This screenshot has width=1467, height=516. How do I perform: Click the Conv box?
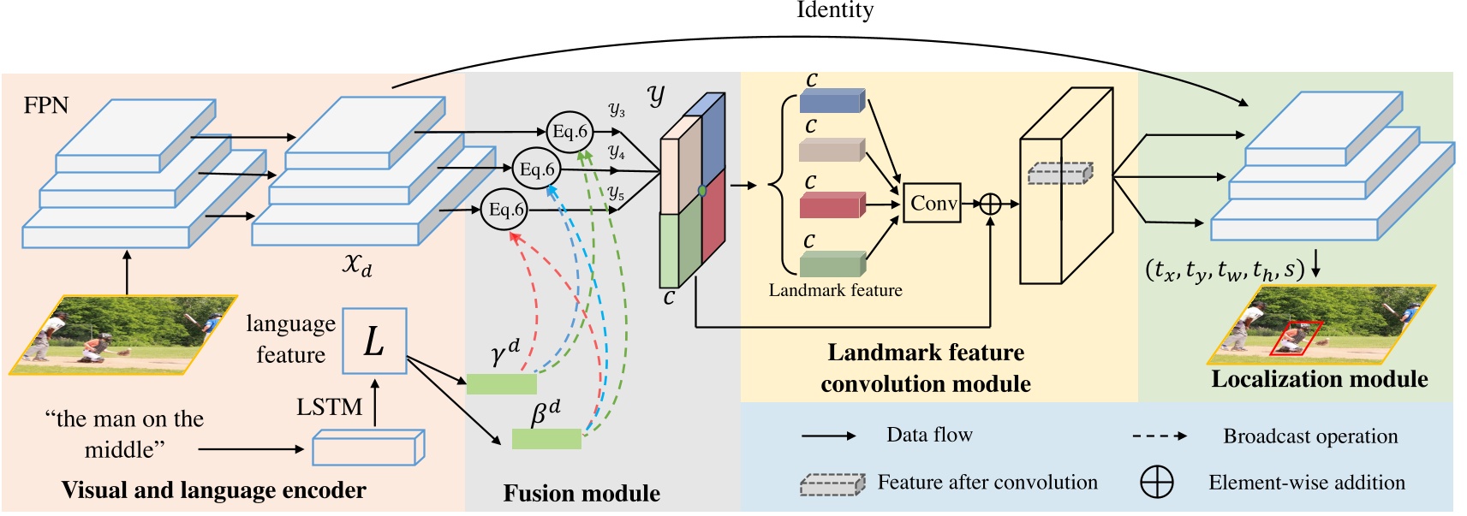tap(932, 204)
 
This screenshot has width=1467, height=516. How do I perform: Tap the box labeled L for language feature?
tap(374, 341)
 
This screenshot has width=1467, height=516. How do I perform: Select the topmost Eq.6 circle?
tap(570, 132)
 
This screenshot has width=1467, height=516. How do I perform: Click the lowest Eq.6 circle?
tap(504, 210)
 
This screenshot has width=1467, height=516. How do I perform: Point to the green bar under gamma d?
tap(501, 383)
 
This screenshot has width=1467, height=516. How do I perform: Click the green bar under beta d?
tap(546, 439)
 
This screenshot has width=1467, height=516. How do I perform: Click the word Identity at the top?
tap(834, 10)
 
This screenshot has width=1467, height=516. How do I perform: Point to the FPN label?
tap(45, 105)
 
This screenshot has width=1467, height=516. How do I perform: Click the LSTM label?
tap(329, 407)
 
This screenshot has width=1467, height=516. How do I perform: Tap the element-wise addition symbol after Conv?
tap(990, 204)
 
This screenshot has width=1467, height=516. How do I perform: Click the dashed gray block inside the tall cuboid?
tap(1060, 173)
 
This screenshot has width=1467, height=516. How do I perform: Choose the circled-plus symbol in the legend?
tap(1156, 483)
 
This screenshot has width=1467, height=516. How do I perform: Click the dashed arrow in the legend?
tap(1159, 436)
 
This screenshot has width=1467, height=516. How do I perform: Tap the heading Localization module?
tap(1319, 379)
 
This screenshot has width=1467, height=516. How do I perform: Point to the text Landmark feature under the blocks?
tap(835, 290)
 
